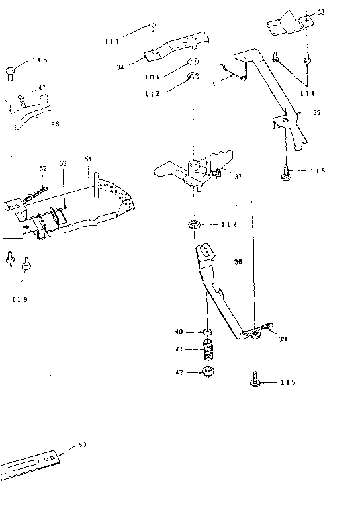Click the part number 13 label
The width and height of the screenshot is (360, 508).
tap(321, 13)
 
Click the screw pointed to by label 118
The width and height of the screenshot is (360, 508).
tap(11, 69)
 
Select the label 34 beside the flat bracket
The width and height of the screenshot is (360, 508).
tap(120, 66)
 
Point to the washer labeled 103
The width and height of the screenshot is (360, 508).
tap(193, 62)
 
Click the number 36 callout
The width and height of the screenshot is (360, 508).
tap(213, 83)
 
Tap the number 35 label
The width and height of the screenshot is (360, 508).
tap(316, 113)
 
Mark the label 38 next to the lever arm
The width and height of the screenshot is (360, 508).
tap(237, 261)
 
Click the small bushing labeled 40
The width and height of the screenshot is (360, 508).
tap(207, 331)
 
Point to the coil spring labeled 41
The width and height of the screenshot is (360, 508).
tap(208, 348)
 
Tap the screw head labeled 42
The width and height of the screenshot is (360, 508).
tap(208, 372)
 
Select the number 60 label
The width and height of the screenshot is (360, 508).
tap(82, 444)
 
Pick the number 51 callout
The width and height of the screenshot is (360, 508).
tap(88, 159)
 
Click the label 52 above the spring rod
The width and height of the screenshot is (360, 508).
tap(43, 169)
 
